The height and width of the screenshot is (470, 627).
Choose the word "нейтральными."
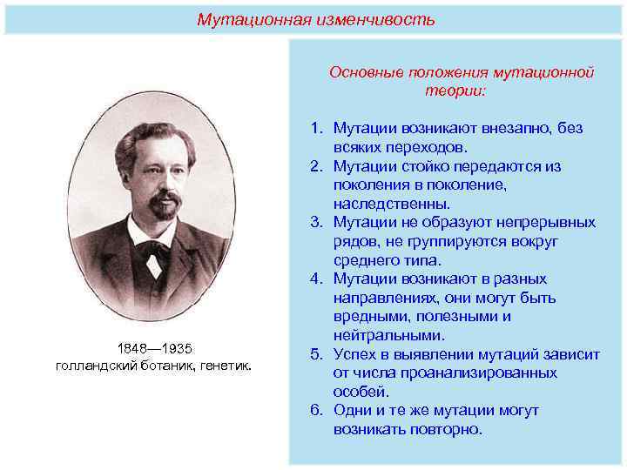point(389,335)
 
